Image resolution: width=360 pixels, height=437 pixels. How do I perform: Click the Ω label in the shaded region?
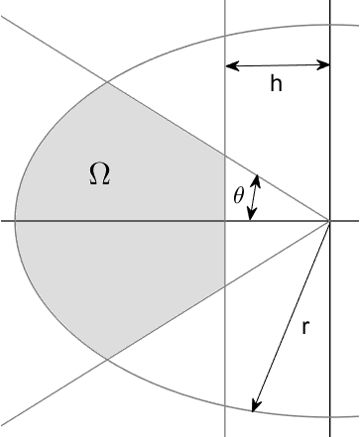pyautogui.click(x=99, y=176)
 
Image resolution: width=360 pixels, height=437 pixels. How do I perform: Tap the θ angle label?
pyautogui.click(x=238, y=196)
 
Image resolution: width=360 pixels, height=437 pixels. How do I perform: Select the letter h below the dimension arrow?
pyautogui.click(x=277, y=85)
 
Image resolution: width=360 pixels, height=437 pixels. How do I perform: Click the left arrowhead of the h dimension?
pyautogui.click(x=230, y=65)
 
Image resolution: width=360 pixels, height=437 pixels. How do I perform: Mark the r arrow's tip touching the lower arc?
pyautogui.click(x=254, y=409)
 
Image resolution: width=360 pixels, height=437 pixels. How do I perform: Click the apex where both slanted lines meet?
pyautogui.click(x=329, y=221)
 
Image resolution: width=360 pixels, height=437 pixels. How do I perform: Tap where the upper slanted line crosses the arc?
pyautogui.click(x=105, y=83)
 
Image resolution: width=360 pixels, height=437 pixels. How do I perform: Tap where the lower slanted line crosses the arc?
pyautogui.click(x=105, y=358)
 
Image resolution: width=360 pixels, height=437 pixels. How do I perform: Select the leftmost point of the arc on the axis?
pyautogui.click(x=14, y=221)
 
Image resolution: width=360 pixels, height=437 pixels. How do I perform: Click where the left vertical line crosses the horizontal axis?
pyautogui.click(x=226, y=221)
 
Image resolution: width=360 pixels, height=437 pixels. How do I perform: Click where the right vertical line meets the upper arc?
pyautogui.click(x=329, y=23)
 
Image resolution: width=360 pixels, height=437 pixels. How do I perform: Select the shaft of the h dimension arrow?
pyautogui.click(x=278, y=65)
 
